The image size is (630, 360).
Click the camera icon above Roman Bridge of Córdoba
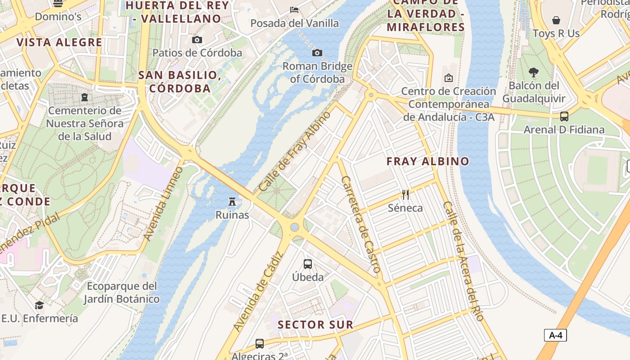tap(317, 53)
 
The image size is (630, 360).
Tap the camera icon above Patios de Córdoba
tap(197, 40)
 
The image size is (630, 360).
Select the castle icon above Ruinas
tap(232, 201)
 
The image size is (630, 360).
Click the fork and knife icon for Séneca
tap(405, 194)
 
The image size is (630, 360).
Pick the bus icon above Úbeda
tap(308, 264)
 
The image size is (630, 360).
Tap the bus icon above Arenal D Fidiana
tap(564, 117)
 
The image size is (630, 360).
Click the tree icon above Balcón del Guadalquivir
tap(534, 72)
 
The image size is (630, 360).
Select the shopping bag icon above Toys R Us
tap(556, 20)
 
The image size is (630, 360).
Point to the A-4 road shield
tap(555, 335)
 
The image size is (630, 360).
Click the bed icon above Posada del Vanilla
tap(294, 9)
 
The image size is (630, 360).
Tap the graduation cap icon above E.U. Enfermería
tap(40, 305)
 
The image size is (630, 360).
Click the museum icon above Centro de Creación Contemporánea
tap(448, 78)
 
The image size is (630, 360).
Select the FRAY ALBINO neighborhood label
tap(427, 161)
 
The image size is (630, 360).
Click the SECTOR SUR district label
tap(315, 324)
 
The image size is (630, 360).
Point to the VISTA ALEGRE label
tap(59, 42)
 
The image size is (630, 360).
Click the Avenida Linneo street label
tap(163, 203)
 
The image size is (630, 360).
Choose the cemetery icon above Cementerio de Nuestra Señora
tap(84, 97)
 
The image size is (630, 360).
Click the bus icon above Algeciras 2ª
tap(260, 343)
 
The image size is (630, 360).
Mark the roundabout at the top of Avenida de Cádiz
tap(294, 227)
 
